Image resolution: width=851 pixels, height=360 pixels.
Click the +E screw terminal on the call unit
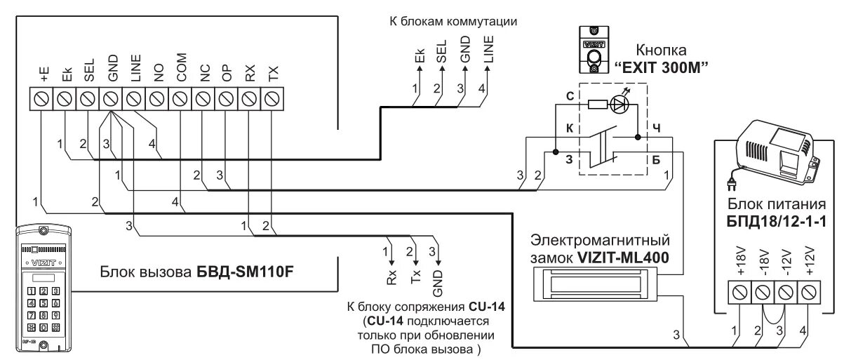[41, 100]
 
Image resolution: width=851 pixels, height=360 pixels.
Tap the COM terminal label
[181, 71]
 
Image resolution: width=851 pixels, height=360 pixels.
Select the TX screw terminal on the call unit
[272, 100]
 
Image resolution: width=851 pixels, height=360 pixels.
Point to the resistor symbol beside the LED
[597, 105]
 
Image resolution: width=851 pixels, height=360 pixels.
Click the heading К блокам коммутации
[453, 21]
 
